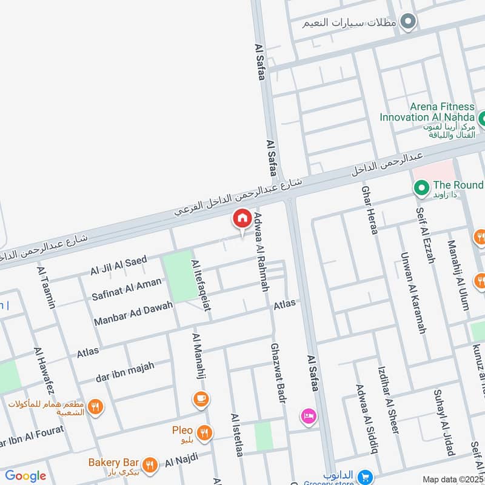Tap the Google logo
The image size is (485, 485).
(25, 476)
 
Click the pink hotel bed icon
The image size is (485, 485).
(309, 416)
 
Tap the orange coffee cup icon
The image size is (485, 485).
(201, 399)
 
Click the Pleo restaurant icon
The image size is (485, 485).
(205, 432)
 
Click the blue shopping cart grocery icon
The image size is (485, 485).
(364, 477)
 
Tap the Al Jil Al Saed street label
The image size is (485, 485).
(119, 265)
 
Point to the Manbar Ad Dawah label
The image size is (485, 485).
(133, 312)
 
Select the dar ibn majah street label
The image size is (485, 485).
(125, 371)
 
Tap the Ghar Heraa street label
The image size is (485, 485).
(370, 210)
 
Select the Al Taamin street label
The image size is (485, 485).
(46, 288)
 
